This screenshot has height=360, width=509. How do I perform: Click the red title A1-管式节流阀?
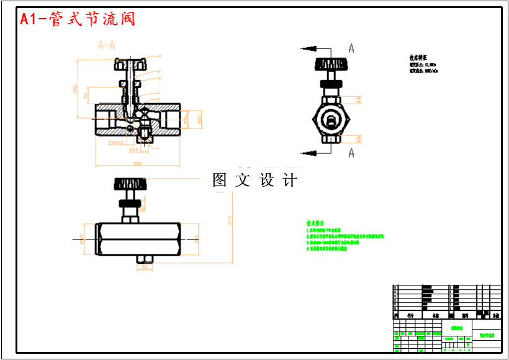[x=78, y=19]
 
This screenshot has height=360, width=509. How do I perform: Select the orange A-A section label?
[x=106, y=45]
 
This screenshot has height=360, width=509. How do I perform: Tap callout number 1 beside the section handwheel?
[x=159, y=56]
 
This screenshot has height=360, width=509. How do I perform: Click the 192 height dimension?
[x=76, y=88]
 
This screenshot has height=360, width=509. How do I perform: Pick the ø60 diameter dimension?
[x=200, y=119]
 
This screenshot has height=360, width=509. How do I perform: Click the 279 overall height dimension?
[x=230, y=220]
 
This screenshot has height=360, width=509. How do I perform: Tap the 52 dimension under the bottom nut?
[x=144, y=268]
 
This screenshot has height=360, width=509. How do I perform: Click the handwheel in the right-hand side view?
[x=330, y=65]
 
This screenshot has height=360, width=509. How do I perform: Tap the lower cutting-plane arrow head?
[x=304, y=152]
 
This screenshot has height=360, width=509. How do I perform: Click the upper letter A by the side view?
[x=351, y=48]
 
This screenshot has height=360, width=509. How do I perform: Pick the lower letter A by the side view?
[x=351, y=153]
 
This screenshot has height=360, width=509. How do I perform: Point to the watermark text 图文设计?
[x=254, y=180]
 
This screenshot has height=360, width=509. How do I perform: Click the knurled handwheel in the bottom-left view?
[x=129, y=184]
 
